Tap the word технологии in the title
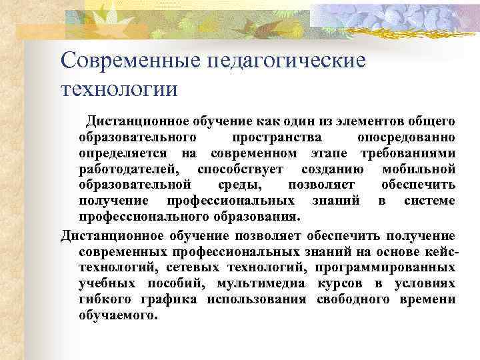tap(119, 87)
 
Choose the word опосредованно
tap(407, 137)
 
